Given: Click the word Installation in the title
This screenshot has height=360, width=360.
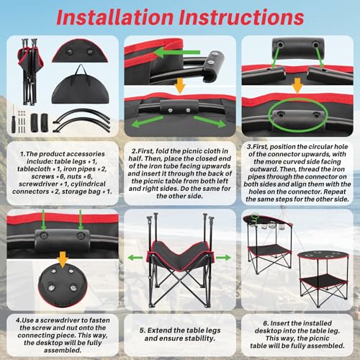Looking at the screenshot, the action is click(x=114, y=17).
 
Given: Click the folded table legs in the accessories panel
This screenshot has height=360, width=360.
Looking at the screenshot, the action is click(x=30, y=71).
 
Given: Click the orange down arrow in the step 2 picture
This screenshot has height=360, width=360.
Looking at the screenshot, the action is click(x=180, y=85).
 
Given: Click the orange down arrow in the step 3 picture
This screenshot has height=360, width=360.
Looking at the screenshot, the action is click(x=297, y=85).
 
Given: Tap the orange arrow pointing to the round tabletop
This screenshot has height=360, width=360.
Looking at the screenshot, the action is click(x=63, y=259).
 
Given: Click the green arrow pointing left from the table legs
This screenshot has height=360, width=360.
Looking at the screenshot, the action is click(x=135, y=258).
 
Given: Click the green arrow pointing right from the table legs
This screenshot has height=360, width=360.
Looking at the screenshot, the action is click(x=223, y=258).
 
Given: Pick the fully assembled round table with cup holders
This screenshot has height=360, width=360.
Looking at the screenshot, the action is click(x=323, y=279).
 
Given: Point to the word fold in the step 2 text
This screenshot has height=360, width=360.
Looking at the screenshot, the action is click(x=162, y=151).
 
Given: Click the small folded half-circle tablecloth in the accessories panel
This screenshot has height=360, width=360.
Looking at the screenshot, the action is click(x=81, y=52).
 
